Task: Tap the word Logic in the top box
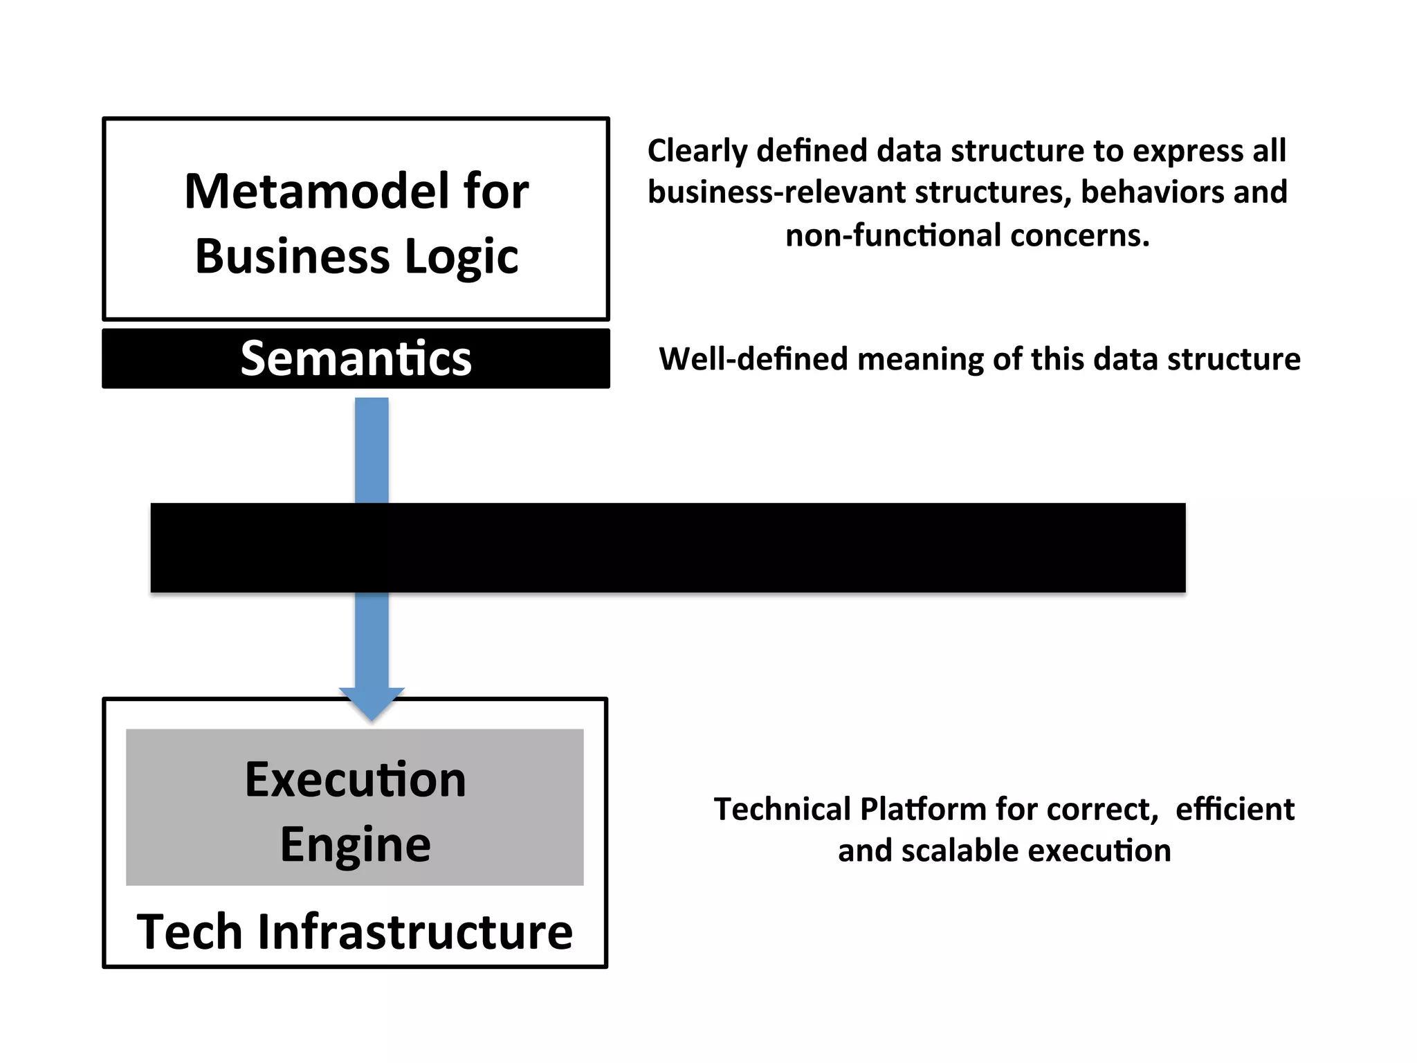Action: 461,257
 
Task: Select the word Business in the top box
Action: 292,257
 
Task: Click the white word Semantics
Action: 356,358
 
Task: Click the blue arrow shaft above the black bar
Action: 372,450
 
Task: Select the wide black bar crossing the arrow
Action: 668,547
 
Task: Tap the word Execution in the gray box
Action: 355,780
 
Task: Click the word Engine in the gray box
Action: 355,845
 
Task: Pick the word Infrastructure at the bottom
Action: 414,932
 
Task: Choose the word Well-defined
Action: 753,359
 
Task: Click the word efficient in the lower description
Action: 1234,809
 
